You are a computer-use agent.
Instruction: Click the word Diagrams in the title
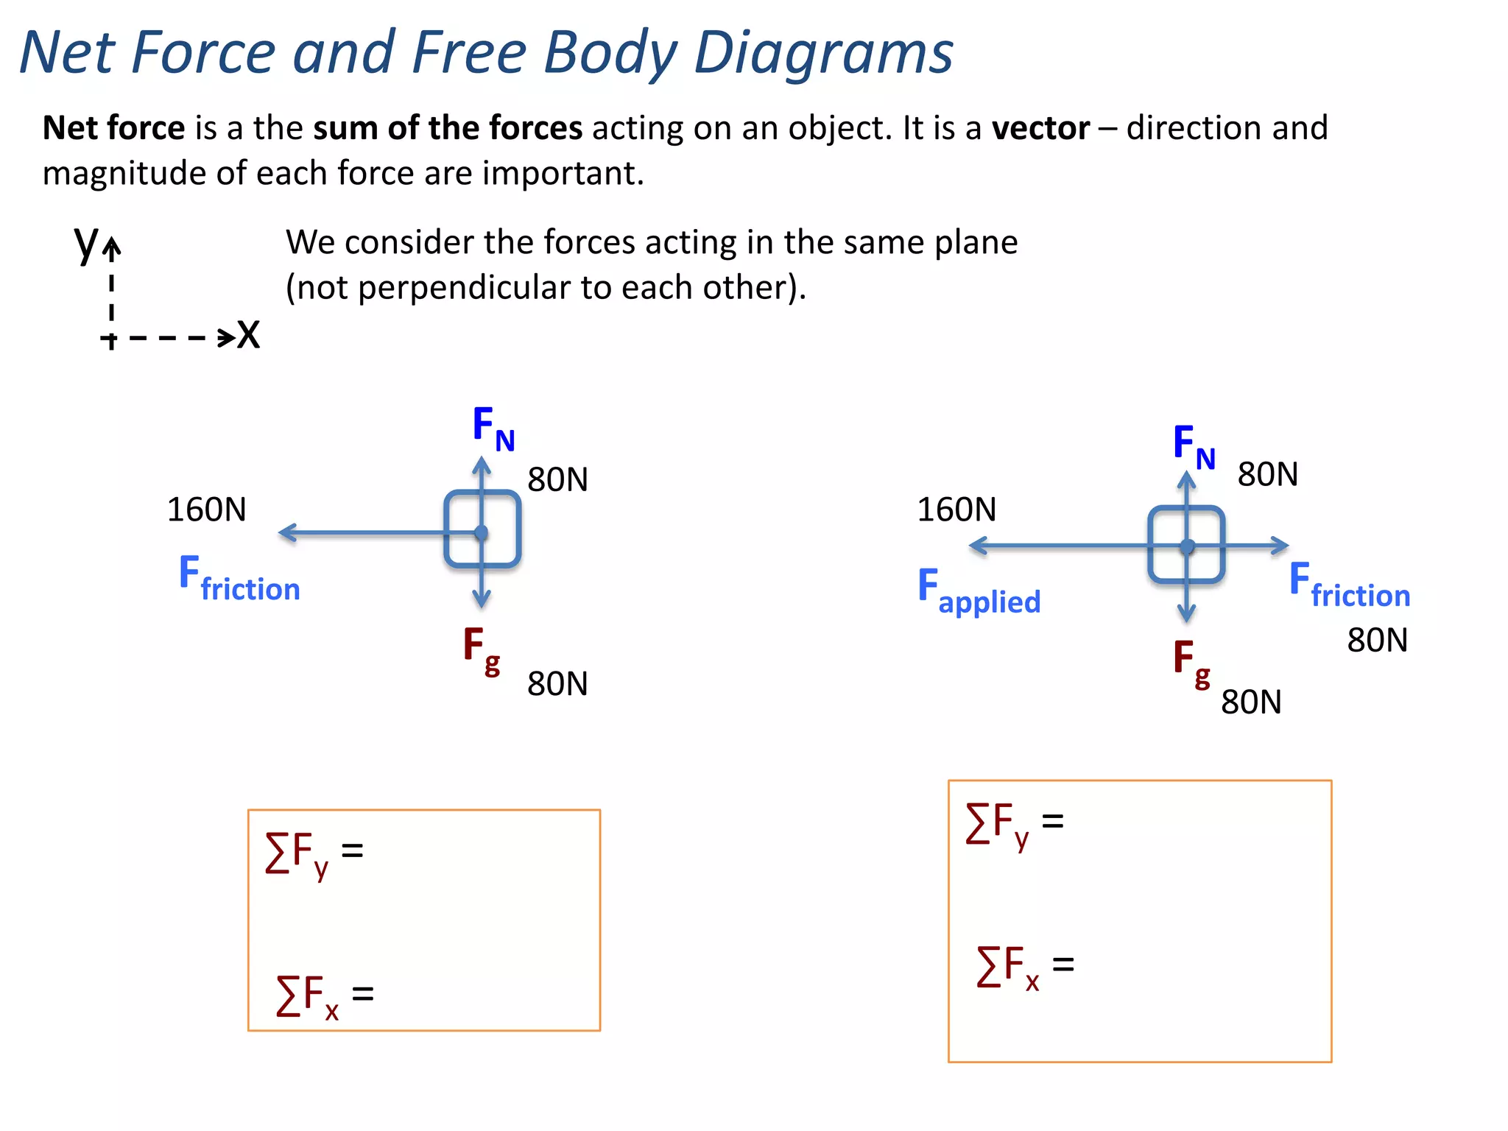click(823, 53)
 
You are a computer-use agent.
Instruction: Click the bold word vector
click(1040, 128)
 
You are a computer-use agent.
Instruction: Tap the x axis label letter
click(249, 335)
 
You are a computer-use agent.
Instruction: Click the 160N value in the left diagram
click(206, 510)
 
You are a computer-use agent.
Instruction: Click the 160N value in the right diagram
click(956, 510)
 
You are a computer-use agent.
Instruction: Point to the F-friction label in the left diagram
click(239, 579)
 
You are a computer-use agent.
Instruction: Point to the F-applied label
click(979, 591)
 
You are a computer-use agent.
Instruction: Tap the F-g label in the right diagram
click(1191, 662)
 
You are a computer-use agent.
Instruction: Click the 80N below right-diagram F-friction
click(1377, 640)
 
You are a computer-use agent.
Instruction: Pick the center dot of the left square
click(482, 532)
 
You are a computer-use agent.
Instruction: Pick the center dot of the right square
click(1187, 546)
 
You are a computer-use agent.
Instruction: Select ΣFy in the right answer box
click(997, 824)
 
